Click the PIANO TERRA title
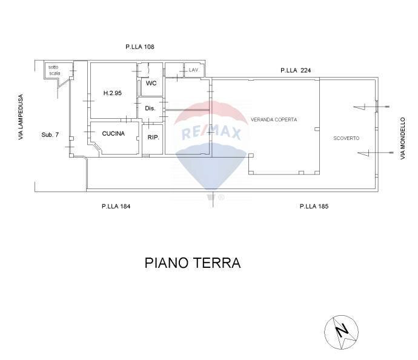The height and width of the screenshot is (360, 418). (193, 263)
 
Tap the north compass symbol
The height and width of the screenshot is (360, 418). (342, 332)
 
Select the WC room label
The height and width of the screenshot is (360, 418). (151, 84)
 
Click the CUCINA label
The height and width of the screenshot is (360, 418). (113, 133)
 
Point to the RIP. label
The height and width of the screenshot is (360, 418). (153, 138)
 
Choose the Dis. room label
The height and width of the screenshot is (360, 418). (151, 108)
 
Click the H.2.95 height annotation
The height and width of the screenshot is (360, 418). (113, 93)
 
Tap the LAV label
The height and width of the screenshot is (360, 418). (194, 70)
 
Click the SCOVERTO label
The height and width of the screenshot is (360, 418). (347, 138)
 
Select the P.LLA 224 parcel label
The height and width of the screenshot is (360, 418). (296, 71)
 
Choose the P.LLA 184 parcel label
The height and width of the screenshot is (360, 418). (116, 206)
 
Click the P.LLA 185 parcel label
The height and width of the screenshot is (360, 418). (314, 206)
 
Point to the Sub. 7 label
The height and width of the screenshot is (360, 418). (50, 135)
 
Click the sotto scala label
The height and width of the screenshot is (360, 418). (55, 70)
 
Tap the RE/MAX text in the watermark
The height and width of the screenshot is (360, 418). (208, 133)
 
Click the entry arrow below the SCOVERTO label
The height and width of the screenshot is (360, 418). (367, 153)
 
